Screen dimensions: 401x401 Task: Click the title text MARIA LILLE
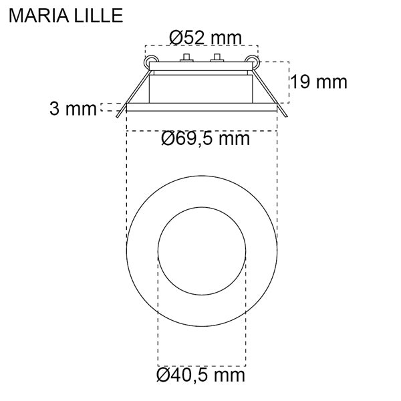coord(65,15)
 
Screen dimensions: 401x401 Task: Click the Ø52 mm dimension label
coord(205,38)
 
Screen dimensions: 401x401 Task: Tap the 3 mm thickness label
coord(72,109)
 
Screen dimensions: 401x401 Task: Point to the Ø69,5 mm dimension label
coord(205,139)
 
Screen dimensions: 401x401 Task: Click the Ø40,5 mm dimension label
coord(200,375)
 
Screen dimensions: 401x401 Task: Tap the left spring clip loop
coord(148,61)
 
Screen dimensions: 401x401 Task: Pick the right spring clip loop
coord(253,61)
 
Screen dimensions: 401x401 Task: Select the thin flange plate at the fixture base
coord(200,106)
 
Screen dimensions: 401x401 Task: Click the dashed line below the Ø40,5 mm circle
coord(201,366)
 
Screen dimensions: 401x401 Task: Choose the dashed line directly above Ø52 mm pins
coord(200,46)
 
